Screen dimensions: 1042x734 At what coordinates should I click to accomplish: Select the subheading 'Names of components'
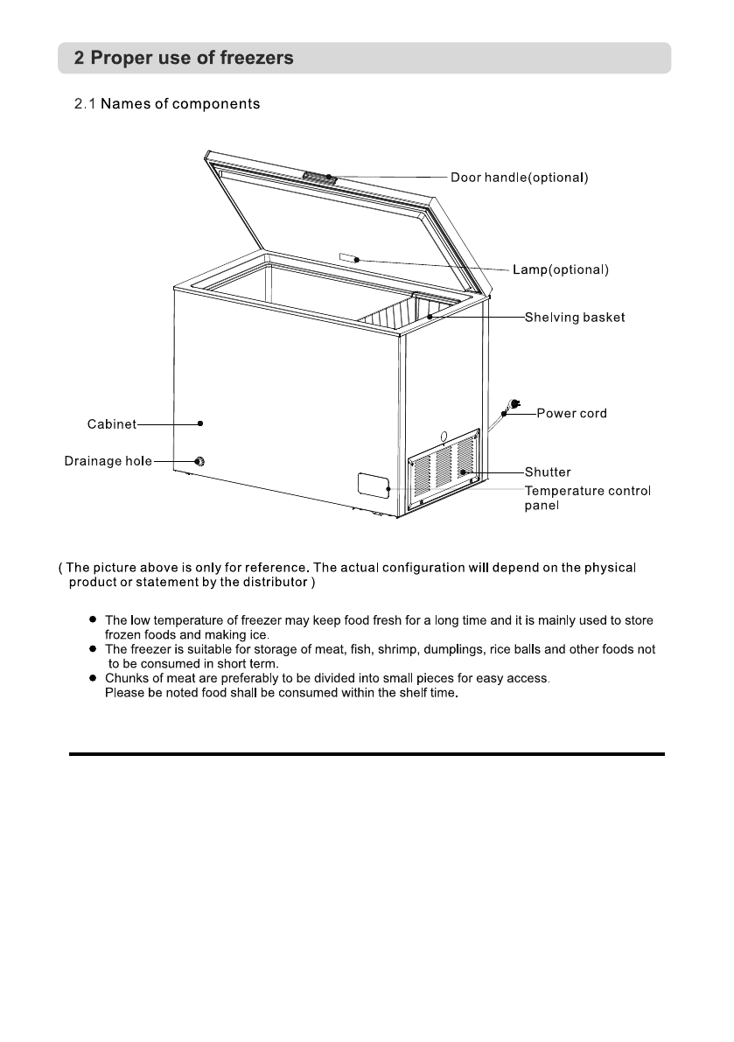[x=166, y=105]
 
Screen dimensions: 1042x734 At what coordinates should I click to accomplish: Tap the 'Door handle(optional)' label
[x=519, y=178]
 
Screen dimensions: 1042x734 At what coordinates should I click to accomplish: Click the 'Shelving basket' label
[x=574, y=317]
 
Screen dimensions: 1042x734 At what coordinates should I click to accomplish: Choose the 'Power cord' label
[x=571, y=413]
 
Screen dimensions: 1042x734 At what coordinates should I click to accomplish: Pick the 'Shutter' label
[x=548, y=472]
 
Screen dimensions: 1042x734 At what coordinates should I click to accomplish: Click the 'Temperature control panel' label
[x=587, y=498]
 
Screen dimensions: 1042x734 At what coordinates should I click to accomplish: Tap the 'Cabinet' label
[x=111, y=424]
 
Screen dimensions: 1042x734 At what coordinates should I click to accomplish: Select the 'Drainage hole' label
[x=108, y=461]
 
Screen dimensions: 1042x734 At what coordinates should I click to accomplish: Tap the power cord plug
[x=512, y=405]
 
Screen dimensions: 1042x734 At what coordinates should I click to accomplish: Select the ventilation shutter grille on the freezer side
[x=445, y=469]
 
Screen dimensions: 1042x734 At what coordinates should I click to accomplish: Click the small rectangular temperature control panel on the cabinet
[x=374, y=486]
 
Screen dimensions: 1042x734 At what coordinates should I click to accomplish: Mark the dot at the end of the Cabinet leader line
[x=200, y=423]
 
